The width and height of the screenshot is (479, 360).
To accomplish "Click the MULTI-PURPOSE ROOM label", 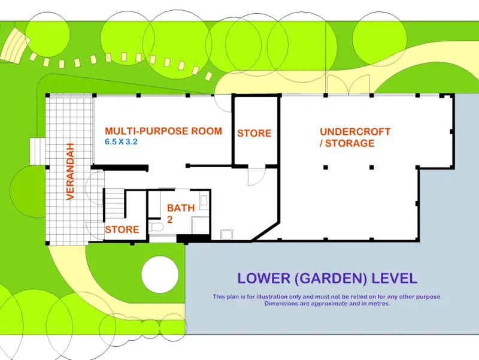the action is point(163,131).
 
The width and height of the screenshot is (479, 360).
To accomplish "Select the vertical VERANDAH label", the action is point(70,171).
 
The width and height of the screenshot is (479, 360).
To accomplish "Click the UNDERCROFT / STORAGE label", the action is point(355,137).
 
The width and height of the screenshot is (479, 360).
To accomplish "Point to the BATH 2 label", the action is point(180,213).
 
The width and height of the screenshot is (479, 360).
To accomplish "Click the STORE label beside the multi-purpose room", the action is point(254,133).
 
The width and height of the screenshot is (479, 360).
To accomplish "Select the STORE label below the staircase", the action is point(122,229).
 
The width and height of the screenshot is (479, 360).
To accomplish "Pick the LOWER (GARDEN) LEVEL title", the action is point(327,279).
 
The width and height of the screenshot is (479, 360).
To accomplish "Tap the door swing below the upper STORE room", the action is point(256,176).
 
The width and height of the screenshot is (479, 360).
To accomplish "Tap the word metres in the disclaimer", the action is point(377,304).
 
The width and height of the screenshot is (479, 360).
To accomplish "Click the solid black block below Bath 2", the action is point(193,238).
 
